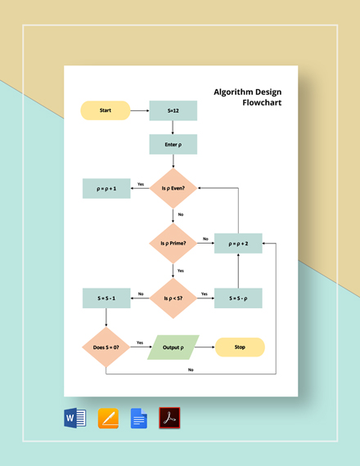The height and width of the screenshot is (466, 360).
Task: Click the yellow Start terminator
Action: pos(106,110)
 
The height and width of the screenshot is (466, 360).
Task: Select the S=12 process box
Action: pos(173,110)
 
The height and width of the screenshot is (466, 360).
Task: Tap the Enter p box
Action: pos(173,145)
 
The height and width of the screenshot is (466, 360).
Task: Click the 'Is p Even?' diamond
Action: pos(173,188)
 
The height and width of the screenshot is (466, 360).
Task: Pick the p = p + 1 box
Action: pos(106,188)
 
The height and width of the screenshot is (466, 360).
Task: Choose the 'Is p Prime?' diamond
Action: pos(173,243)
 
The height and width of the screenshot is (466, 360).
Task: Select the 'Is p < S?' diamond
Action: pos(173,298)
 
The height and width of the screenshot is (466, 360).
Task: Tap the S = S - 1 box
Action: pos(106,298)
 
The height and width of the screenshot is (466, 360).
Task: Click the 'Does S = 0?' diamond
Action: pos(106,347)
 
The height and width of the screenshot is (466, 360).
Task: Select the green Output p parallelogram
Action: pos(173,347)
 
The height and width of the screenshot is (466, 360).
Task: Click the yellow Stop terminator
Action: pos(240,347)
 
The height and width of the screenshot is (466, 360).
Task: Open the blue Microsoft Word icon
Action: pos(75,419)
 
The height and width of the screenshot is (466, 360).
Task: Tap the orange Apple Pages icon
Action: pos(107,419)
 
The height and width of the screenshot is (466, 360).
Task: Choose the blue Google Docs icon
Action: pos(138,419)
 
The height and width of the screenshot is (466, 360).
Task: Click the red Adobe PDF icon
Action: pos(169,419)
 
